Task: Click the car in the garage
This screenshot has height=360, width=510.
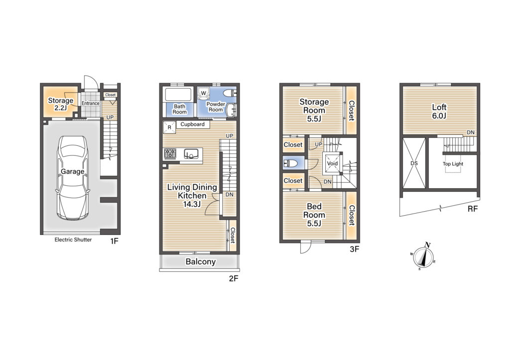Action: (x=73, y=178)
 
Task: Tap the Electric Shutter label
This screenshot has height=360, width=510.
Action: (x=73, y=240)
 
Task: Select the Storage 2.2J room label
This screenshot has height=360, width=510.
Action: (x=60, y=104)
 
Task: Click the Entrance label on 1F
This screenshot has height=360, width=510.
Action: (x=91, y=104)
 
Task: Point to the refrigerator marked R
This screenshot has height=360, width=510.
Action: (x=169, y=127)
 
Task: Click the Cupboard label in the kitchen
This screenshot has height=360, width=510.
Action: (x=193, y=124)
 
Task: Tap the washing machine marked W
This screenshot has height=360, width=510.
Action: (x=204, y=93)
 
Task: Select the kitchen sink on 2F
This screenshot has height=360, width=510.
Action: (x=191, y=154)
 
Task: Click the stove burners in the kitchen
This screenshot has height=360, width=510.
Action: (x=170, y=154)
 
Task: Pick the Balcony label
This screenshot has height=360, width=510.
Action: (x=201, y=262)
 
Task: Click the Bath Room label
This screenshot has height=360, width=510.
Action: (x=179, y=109)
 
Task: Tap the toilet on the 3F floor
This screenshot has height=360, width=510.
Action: (x=290, y=163)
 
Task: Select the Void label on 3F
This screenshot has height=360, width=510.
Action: (x=332, y=164)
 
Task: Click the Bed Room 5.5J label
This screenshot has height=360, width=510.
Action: (x=314, y=215)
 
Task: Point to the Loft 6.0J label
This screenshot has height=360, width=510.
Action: (x=439, y=112)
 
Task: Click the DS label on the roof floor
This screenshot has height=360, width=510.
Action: (x=414, y=163)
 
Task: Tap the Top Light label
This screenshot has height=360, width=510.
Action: (x=453, y=164)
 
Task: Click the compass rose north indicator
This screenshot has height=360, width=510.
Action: (x=427, y=245)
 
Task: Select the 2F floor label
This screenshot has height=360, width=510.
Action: (x=234, y=278)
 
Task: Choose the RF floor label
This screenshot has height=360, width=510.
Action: (x=473, y=209)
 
